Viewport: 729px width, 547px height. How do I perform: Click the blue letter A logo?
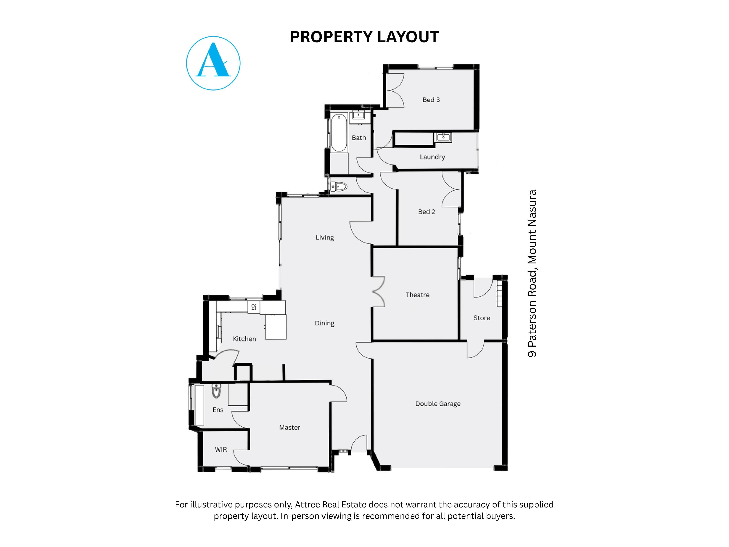(x=213, y=63)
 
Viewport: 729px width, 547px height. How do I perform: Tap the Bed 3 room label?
(x=431, y=100)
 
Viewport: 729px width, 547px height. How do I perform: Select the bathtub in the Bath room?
(x=339, y=133)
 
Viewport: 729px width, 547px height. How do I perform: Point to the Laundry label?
(x=432, y=157)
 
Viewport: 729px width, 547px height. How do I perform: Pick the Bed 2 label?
(x=426, y=212)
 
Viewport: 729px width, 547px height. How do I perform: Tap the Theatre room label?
(x=417, y=295)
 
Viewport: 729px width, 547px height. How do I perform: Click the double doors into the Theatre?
(x=379, y=292)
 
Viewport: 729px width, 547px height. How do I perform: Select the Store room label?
(x=482, y=318)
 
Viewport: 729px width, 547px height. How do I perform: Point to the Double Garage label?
(x=438, y=404)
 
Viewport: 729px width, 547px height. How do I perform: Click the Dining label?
(x=325, y=323)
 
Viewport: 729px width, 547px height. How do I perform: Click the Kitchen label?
(x=244, y=339)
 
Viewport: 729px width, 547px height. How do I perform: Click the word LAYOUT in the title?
(x=408, y=37)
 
